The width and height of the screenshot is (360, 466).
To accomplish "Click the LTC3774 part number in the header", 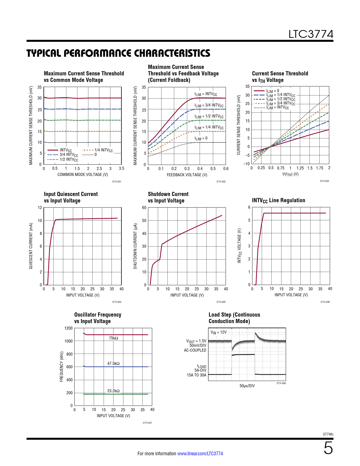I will tap(311, 34).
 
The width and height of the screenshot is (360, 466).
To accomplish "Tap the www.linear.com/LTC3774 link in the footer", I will tap(200, 454).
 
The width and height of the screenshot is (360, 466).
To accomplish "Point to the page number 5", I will tap(328, 448).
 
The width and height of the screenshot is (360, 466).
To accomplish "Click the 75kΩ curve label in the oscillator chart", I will tap(114, 338).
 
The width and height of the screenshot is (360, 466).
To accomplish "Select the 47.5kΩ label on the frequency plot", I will tap(113, 363).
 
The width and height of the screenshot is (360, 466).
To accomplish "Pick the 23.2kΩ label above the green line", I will tap(113, 391).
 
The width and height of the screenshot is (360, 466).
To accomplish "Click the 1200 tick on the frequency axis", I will tap(69, 328).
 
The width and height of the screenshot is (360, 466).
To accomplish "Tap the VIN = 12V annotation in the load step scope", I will tap(219, 332).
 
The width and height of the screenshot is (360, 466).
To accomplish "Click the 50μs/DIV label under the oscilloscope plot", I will tap(247, 386).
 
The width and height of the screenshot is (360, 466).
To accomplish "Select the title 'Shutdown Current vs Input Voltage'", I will tap(168, 197).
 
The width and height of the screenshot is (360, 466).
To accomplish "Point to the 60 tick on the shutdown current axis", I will tap(144, 208).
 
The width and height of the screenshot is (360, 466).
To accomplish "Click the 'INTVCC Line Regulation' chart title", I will tap(278, 201).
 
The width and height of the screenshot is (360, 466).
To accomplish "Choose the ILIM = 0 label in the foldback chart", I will tap(201, 138).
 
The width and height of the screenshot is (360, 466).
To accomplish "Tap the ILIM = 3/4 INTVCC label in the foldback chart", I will tap(209, 105).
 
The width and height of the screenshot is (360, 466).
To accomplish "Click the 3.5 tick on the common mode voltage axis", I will tap(121, 168).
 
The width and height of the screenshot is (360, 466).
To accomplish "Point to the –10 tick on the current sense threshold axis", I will tap(247, 164).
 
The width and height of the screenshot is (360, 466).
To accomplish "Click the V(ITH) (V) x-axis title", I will tap(290, 174).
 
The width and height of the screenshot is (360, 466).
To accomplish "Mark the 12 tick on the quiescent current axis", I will tap(40, 208).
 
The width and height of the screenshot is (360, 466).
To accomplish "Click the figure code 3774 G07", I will tap(147, 423).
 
